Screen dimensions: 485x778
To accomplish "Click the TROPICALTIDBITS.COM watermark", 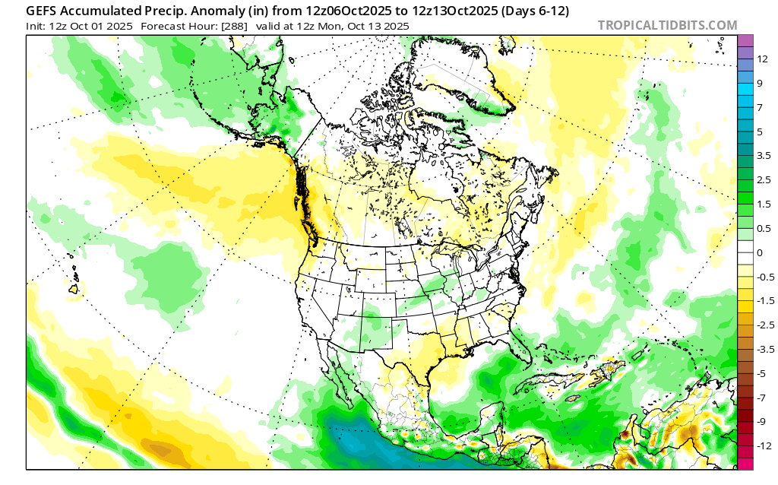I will (667, 25).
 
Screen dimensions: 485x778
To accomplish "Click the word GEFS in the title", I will (45, 11).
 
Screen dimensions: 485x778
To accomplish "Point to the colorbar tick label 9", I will (759, 83).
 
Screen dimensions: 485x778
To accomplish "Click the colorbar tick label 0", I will (759, 252).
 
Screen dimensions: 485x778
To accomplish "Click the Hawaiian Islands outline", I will (74, 287).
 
